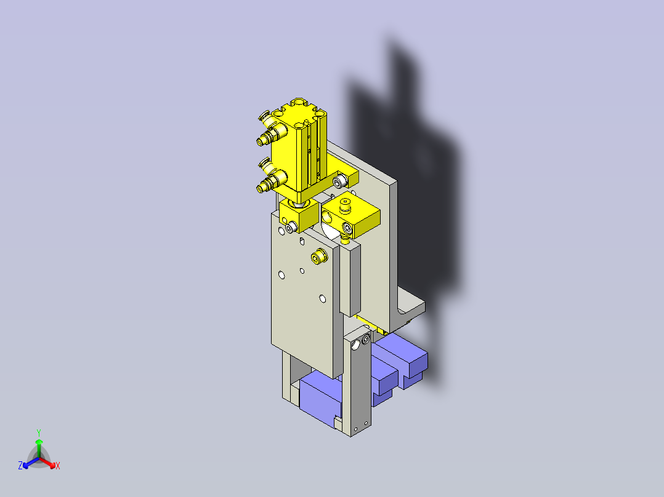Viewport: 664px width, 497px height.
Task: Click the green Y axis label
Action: click(x=38, y=432)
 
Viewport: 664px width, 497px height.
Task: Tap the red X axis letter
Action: click(x=58, y=466)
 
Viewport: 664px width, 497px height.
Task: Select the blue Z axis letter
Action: click(x=20, y=466)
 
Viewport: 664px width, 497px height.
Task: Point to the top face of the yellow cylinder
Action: click(x=300, y=111)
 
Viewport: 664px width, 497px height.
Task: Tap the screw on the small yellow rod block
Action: click(x=289, y=228)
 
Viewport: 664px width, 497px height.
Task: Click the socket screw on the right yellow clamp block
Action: click(x=347, y=228)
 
